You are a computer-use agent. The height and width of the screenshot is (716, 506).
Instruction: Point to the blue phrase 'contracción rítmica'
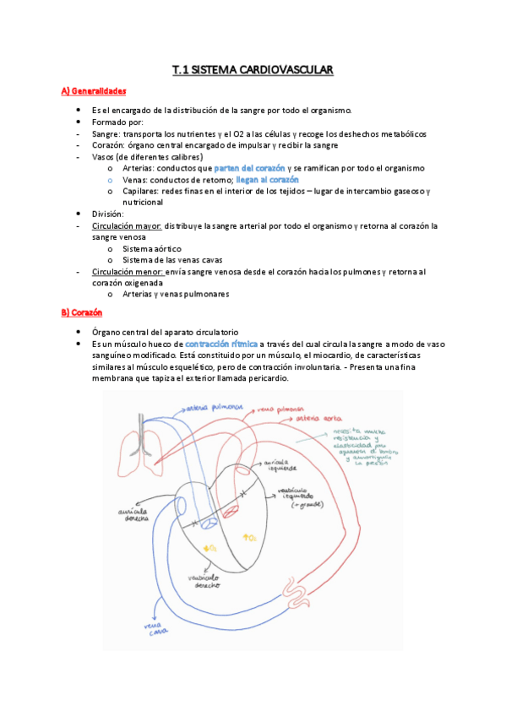[x=221, y=344]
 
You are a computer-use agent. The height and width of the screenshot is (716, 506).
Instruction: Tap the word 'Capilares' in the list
[x=140, y=192]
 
